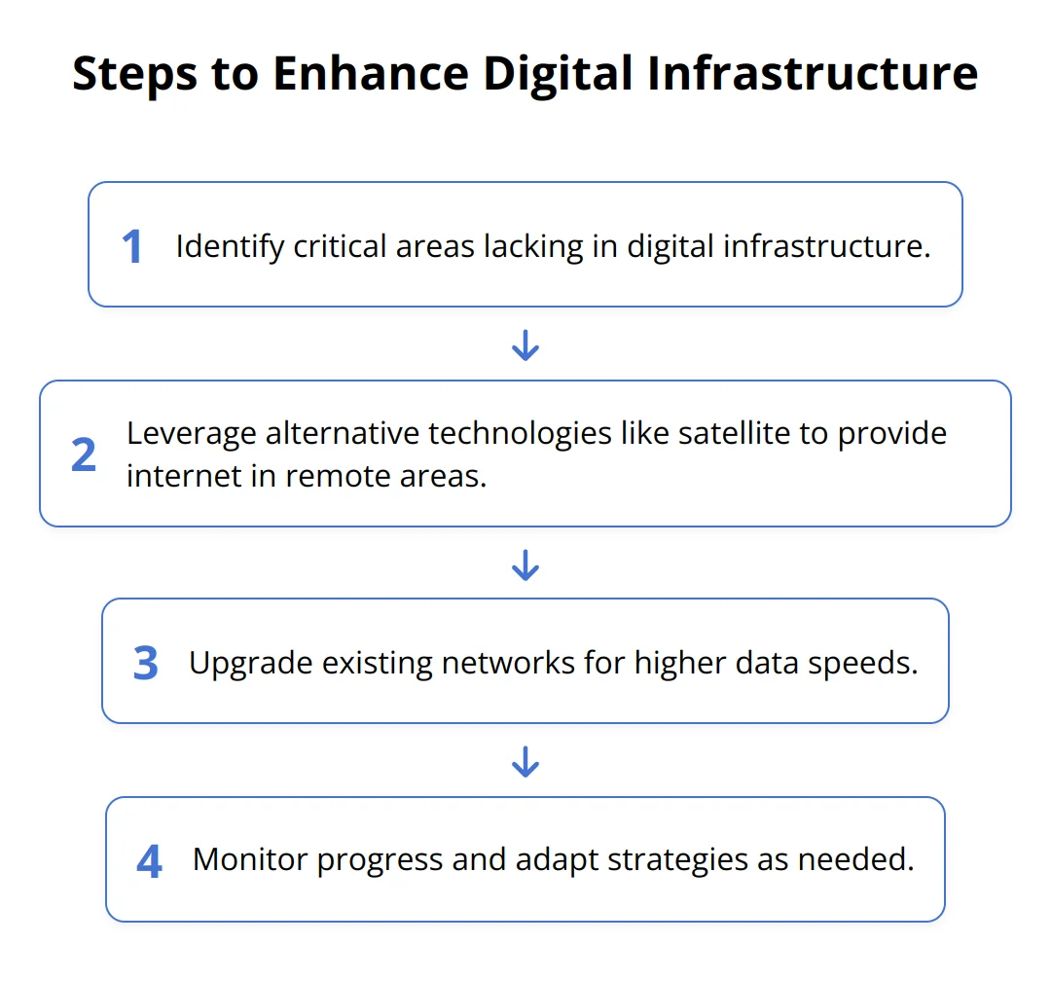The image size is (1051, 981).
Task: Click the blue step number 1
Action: coord(132,246)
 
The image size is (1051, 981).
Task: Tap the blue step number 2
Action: coord(84,454)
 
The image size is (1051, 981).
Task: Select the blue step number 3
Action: coord(145,663)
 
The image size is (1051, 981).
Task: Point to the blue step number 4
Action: coord(149,861)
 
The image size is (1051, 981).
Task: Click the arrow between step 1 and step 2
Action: coord(525,345)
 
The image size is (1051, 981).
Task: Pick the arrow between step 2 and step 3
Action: coord(525,564)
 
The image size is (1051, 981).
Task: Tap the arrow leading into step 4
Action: coord(525,762)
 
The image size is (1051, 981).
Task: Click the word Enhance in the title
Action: coord(371,73)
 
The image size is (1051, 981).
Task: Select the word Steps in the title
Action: coord(134,74)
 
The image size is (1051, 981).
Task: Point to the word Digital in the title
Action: coord(558,74)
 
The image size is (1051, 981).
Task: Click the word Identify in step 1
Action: coord(230,247)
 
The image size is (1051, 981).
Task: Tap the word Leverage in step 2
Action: coord(192,434)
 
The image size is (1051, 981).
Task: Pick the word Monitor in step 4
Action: coord(250,859)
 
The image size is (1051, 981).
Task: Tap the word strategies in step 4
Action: coord(677,860)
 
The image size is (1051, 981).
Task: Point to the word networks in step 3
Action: coord(508,663)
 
